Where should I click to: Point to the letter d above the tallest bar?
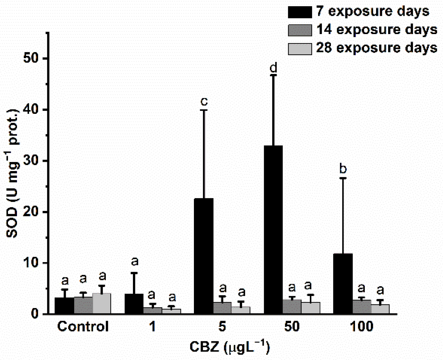click(x=273, y=68)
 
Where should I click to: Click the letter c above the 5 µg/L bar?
click(x=204, y=102)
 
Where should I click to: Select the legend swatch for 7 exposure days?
click(x=300, y=12)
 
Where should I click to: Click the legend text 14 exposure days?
click(x=376, y=30)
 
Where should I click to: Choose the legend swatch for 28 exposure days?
click(x=300, y=48)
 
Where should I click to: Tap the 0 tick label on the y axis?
click(x=35, y=314)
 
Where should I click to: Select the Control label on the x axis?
click(x=83, y=327)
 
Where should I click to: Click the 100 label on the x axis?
click(x=361, y=327)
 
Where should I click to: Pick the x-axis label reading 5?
click(x=222, y=327)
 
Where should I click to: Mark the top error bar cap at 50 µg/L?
click(x=273, y=75)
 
